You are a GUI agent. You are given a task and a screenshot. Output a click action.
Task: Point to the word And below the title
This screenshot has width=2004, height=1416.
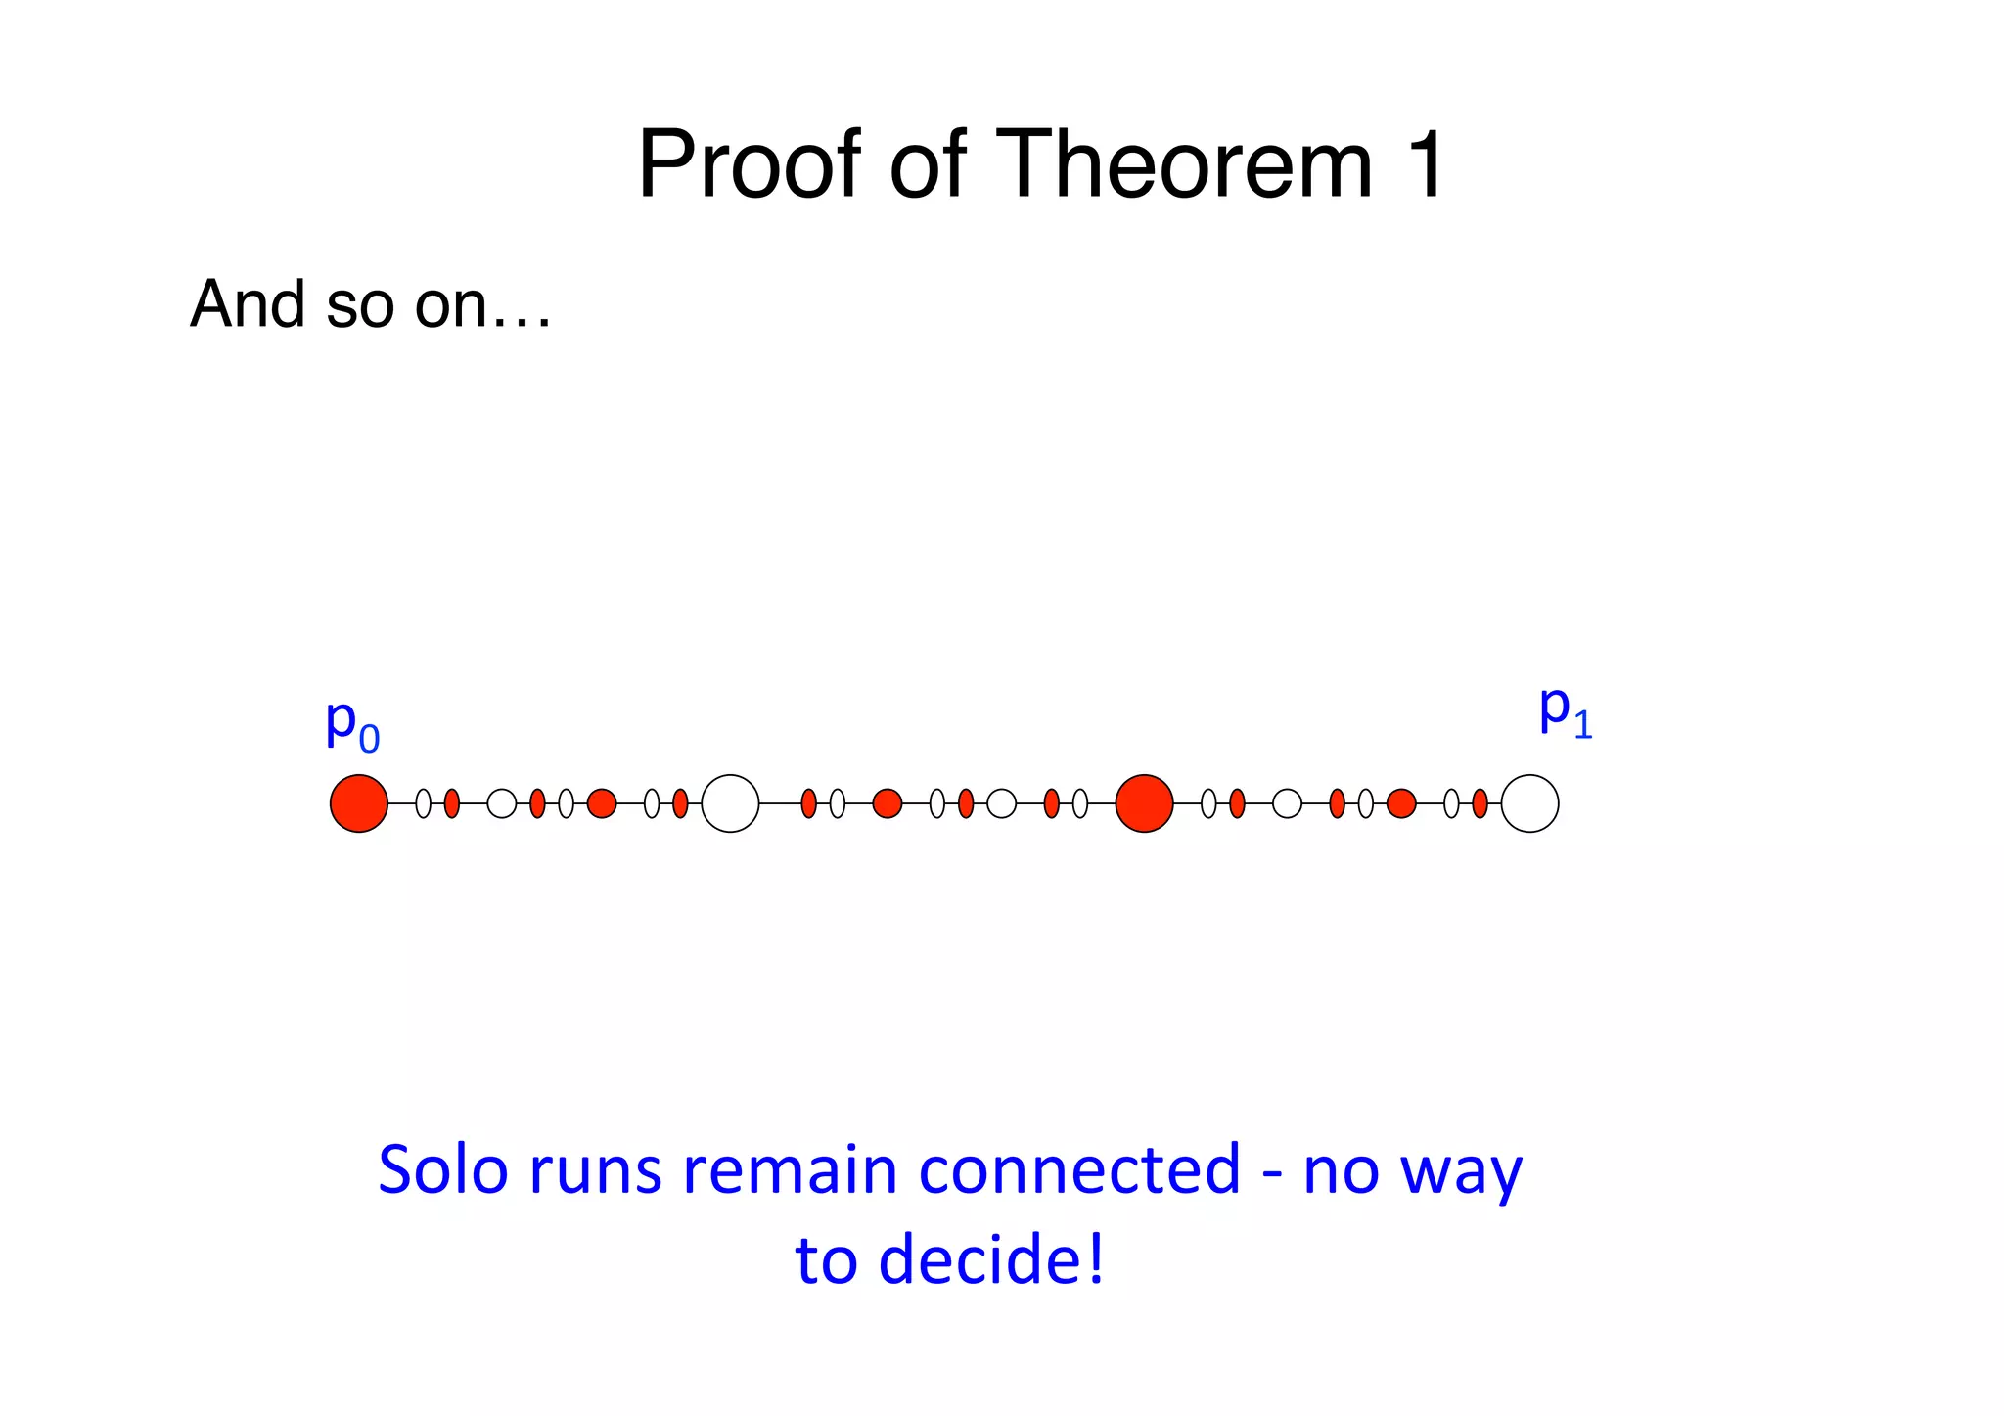pos(249,304)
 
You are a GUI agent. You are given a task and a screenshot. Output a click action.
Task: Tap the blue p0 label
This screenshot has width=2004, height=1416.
pos(351,725)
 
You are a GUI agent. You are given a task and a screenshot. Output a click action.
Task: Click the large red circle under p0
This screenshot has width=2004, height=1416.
pos(359,803)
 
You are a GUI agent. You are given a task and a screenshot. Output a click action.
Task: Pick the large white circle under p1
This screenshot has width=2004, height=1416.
pos(1529,803)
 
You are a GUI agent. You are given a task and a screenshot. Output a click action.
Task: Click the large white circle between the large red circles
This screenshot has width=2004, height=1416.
pos(730,803)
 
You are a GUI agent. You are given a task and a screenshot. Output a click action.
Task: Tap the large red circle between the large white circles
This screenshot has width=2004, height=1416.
pos(1144,803)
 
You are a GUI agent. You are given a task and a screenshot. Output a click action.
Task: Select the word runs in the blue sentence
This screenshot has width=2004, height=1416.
pos(595,1171)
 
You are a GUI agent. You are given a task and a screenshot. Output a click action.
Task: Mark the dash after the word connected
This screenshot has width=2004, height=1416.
pos(1272,1172)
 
